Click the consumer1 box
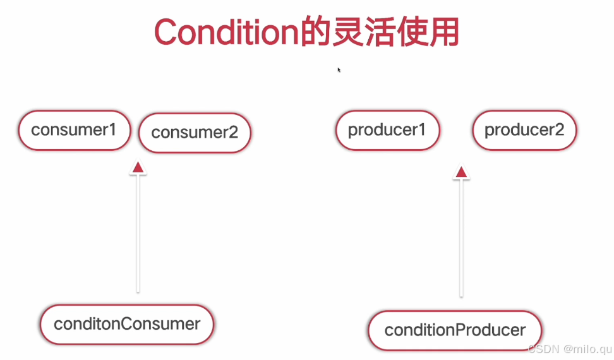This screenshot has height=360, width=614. click(74, 131)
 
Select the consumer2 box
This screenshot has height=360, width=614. click(195, 133)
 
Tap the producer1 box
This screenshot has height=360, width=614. click(387, 131)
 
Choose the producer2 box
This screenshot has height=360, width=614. click(524, 131)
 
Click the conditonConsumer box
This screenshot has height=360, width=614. click(127, 325)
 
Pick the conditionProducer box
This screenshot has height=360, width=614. click(455, 330)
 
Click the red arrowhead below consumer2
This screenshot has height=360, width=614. click(138, 167)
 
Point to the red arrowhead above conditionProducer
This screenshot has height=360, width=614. click(461, 171)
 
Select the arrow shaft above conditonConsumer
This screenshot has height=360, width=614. click(138, 234)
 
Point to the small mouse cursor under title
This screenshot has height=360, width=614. click(339, 69)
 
